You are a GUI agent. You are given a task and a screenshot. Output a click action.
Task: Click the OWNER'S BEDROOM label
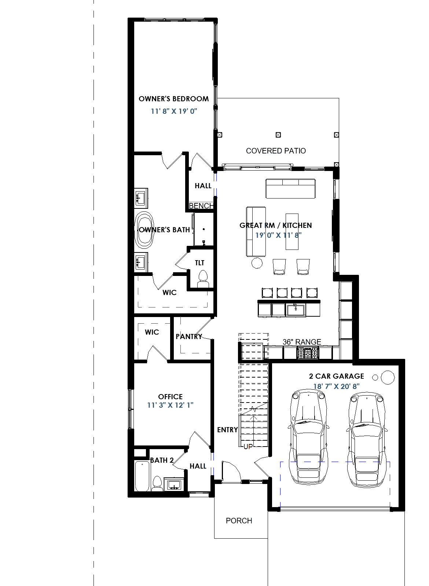tap(173, 99)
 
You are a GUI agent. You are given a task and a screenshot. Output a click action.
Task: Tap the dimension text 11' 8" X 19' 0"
tap(174, 111)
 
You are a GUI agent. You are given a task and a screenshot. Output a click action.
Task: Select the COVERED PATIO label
tap(276, 151)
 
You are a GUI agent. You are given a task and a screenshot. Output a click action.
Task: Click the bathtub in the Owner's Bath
tap(144, 230)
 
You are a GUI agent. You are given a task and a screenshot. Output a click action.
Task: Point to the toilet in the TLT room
tap(203, 279)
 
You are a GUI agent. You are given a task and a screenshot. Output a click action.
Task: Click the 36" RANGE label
tap(302, 342)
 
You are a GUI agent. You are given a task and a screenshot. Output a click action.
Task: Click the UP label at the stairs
tap(248, 447)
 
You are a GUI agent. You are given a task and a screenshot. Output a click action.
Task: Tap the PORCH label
tap(239, 521)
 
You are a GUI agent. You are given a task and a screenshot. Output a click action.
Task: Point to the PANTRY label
tap(189, 336)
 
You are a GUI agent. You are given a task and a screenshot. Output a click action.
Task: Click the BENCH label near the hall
tap(201, 206)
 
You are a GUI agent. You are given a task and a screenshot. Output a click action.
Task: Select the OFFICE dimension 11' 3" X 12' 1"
tap(170, 405)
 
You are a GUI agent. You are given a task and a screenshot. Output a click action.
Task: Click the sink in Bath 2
tap(174, 484)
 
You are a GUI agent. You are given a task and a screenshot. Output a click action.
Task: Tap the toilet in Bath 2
tap(157, 484)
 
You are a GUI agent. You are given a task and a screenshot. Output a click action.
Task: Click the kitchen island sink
tap(296, 309)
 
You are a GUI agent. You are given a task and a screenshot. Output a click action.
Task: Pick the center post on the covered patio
tap(278, 135)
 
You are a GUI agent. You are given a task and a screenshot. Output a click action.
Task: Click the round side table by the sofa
tap(257, 263)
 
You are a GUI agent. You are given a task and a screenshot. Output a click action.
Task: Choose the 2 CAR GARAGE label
tap(336, 376)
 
